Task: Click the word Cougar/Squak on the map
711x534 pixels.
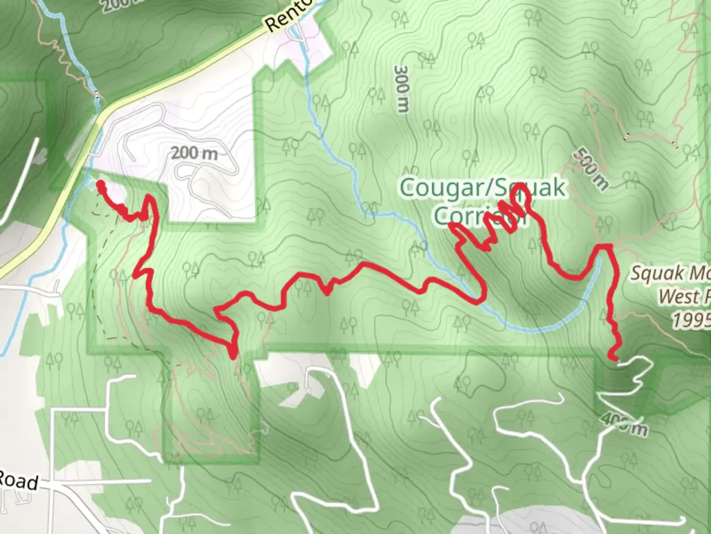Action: click(482, 188)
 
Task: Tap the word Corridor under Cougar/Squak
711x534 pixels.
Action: click(480, 215)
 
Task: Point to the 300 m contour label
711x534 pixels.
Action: click(402, 89)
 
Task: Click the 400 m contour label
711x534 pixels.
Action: click(623, 424)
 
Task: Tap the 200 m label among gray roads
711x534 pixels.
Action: click(194, 153)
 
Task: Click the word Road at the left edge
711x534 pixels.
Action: click(19, 481)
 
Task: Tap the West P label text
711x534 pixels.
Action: click(684, 297)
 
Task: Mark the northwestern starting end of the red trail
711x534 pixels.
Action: click(100, 184)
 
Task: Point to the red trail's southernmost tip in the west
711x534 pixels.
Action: click(234, 354)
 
